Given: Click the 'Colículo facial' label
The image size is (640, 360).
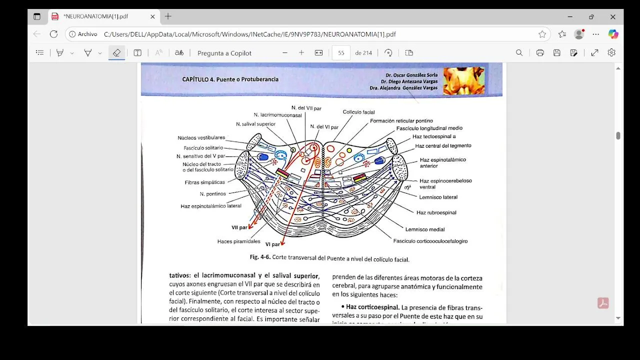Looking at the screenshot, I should coord(358,112).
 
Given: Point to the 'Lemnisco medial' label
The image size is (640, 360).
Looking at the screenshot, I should coord(424,229).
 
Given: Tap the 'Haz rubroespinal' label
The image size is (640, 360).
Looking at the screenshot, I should coord(436,212).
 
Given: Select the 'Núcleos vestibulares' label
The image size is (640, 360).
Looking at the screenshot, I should coord(201,138).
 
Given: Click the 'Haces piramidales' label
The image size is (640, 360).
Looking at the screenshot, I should coord(238,241).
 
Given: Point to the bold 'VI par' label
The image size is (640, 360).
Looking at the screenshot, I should coord(272,244).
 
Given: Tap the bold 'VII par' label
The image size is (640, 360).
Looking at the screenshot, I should coord(239,227).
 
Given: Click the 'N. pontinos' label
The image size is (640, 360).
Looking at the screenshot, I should coord(212,194).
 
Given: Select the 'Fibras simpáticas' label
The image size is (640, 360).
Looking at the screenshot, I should coord(204,182).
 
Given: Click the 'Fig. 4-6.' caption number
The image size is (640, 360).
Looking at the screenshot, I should coord(260,257).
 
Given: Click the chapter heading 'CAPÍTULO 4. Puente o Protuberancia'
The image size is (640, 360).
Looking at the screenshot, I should coord(230,79).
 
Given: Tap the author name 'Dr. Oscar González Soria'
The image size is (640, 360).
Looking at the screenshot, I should coord(411,75).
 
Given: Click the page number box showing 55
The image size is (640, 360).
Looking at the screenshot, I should coord(341,53).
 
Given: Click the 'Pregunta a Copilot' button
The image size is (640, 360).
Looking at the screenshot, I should coord(224,53).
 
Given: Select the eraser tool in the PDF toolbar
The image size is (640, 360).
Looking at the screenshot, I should coord(116,53).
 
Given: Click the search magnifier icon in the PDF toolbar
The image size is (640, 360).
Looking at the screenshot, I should coord(519,53).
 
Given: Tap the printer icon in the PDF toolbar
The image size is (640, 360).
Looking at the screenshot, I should coord(540,53).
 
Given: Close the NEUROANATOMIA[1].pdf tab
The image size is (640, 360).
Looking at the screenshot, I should coord(152,16).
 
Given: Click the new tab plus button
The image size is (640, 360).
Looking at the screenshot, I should coord(168,16).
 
